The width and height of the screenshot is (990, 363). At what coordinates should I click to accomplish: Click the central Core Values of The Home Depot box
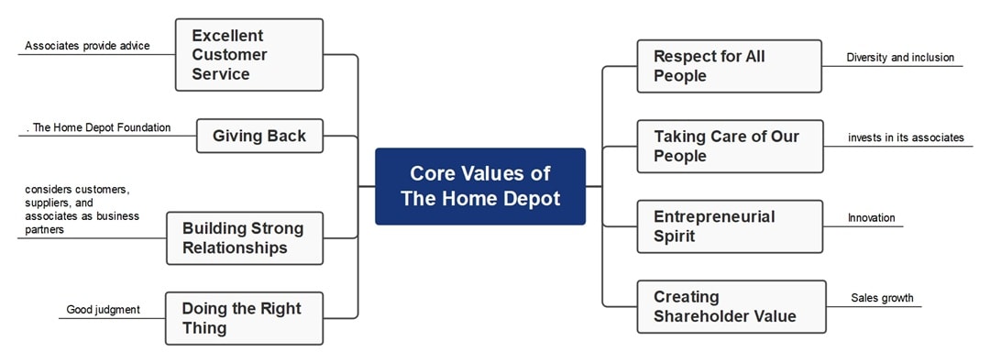click(x=480, y=186)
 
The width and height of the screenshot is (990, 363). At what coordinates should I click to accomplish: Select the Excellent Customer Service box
click(x=249, y=55)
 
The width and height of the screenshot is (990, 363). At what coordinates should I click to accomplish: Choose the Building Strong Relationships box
click(x=245, y=238)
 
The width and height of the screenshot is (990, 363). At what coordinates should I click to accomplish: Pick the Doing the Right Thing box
click(x=245, y=318)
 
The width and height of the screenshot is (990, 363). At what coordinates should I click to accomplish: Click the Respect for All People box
click(x=730, y=66)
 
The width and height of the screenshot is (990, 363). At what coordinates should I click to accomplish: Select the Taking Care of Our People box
click(x=730, y=146)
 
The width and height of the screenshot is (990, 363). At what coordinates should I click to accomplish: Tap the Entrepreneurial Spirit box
click(x=730, y=226)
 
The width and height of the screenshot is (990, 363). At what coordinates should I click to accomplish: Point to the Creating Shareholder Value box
click(x=730, y=306)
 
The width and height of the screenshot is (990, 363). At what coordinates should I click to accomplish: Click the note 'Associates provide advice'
click(x=87, y=46)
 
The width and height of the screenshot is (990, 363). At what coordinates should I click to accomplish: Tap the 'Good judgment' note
click(x=103, y=310)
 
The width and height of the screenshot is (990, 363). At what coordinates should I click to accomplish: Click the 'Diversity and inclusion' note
click(x=900, y=58)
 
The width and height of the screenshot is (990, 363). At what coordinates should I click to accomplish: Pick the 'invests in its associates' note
click(x=906, y=137)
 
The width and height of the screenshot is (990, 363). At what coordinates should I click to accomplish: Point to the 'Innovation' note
click(x=871, y=218)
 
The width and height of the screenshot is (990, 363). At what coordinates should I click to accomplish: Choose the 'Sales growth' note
click(x=882, y=298)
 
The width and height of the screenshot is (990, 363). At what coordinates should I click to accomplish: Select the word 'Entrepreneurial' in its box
click(x=714, y=216)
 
